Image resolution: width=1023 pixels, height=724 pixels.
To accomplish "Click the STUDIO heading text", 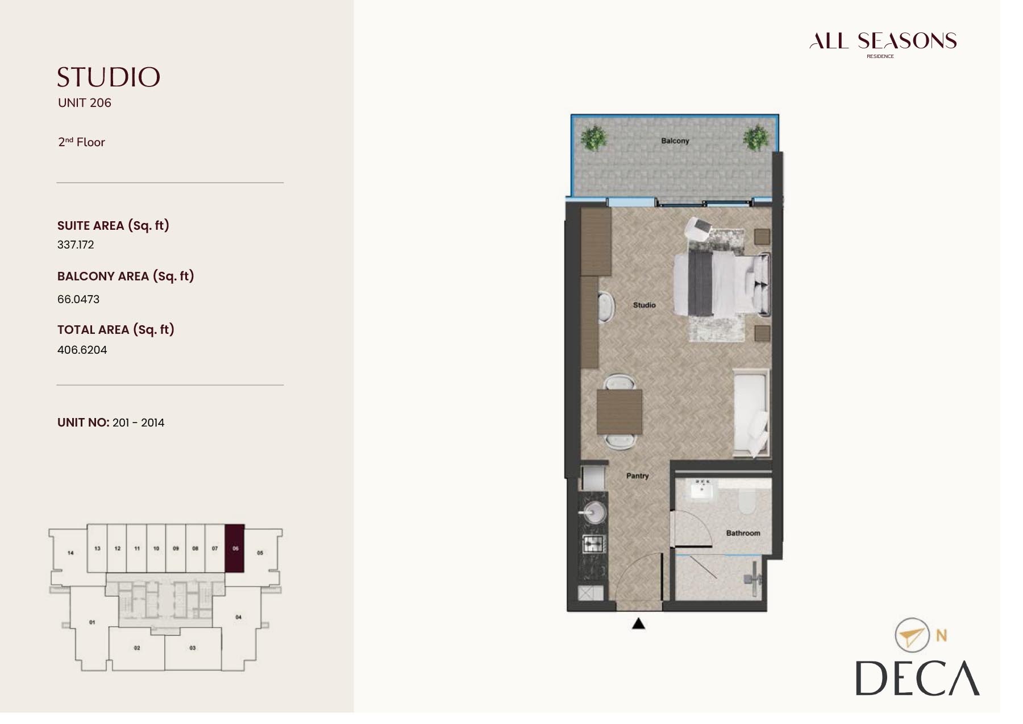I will (x=109, y=77).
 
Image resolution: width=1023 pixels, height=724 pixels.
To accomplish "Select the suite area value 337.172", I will (x=76, y=245).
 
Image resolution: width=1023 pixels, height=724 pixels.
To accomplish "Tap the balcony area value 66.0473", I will (x=78, y=299).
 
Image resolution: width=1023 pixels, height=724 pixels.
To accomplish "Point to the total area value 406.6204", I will (x=82, y=350).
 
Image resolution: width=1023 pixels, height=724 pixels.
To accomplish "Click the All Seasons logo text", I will (x=883, y=41).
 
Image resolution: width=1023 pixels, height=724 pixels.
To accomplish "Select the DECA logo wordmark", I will (x=917, y=679).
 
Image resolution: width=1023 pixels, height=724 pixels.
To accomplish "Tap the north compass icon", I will (x=912, y=635).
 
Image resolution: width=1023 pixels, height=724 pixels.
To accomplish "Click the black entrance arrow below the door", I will (x=639, y=624).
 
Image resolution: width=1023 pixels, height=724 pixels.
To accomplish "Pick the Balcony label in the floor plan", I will (x=675, y=140).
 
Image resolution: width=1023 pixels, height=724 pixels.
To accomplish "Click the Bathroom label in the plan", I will (x=743, y=533).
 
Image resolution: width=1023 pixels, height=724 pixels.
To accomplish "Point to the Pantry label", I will (x=637, y=475).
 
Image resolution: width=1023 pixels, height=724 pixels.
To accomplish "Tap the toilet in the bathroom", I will (x=746, y=501).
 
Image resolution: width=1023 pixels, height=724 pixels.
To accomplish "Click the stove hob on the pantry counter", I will (x=593, y=544).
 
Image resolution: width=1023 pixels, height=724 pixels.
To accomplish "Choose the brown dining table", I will (x=619, y=412).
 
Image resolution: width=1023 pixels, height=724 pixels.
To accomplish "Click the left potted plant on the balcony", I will (x=594, y=138).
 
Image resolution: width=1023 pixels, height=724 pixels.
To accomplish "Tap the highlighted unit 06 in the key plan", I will (x=235, y=548).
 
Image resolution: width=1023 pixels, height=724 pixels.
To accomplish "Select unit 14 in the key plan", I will (x=70, y=552).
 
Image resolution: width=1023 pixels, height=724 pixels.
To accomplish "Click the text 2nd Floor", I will (x=81, y=142).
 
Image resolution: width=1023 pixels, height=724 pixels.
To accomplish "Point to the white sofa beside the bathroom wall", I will (x=750, y=413).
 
